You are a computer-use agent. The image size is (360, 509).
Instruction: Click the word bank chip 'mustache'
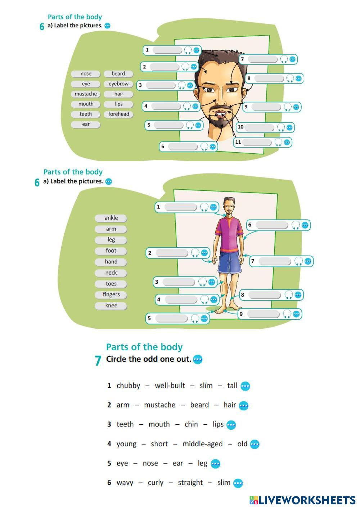click(x=86, y=94)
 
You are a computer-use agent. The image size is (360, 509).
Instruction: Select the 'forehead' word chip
click(x=118, y=114)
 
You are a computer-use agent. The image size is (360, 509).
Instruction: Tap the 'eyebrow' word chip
click(x=118, y=84)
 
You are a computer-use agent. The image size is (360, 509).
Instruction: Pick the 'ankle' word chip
click(x=111, y=218)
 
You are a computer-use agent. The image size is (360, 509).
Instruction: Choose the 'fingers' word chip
click(x=111, y=294)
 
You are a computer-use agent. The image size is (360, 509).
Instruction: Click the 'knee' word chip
click(x=111, y=306)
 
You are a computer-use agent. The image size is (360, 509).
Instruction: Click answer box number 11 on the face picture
click(x=257, y=142)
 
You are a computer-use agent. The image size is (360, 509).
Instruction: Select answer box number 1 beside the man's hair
click(x=167, y=50)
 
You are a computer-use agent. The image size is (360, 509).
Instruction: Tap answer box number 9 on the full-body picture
click(x=263, y=314)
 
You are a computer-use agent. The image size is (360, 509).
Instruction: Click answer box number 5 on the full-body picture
click(x=171, y=319)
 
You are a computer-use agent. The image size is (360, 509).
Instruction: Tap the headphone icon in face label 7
click(x=284, y=59)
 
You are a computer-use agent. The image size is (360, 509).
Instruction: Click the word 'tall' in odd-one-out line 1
click(x=232, y=386)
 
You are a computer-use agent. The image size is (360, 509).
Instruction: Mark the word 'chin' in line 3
click(x=191, y=424)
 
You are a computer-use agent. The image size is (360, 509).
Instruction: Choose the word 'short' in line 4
click(x=159, y=444)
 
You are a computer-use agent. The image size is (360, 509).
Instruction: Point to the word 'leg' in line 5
click(x=202, y=463)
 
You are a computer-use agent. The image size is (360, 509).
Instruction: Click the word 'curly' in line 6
click(x=156, y=483)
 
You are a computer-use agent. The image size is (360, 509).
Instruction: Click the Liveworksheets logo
click(x=302, y=500)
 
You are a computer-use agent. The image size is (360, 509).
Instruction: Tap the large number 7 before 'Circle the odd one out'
click(x=98, y=360)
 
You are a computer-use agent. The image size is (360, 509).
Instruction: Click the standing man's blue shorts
click(x=230, y=263)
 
